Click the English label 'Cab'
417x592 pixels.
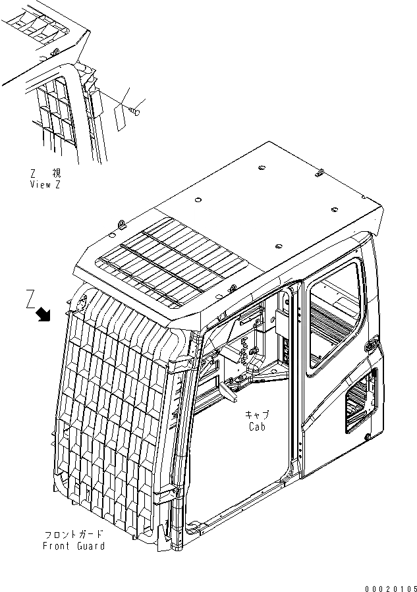pos(258,427)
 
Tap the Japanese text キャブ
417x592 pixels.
pos(258,415)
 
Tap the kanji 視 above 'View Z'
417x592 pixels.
pos(57,173)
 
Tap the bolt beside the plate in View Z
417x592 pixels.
pos(136,110)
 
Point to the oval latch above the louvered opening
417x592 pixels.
pos(371,345)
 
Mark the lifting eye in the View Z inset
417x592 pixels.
pos(57,51)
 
